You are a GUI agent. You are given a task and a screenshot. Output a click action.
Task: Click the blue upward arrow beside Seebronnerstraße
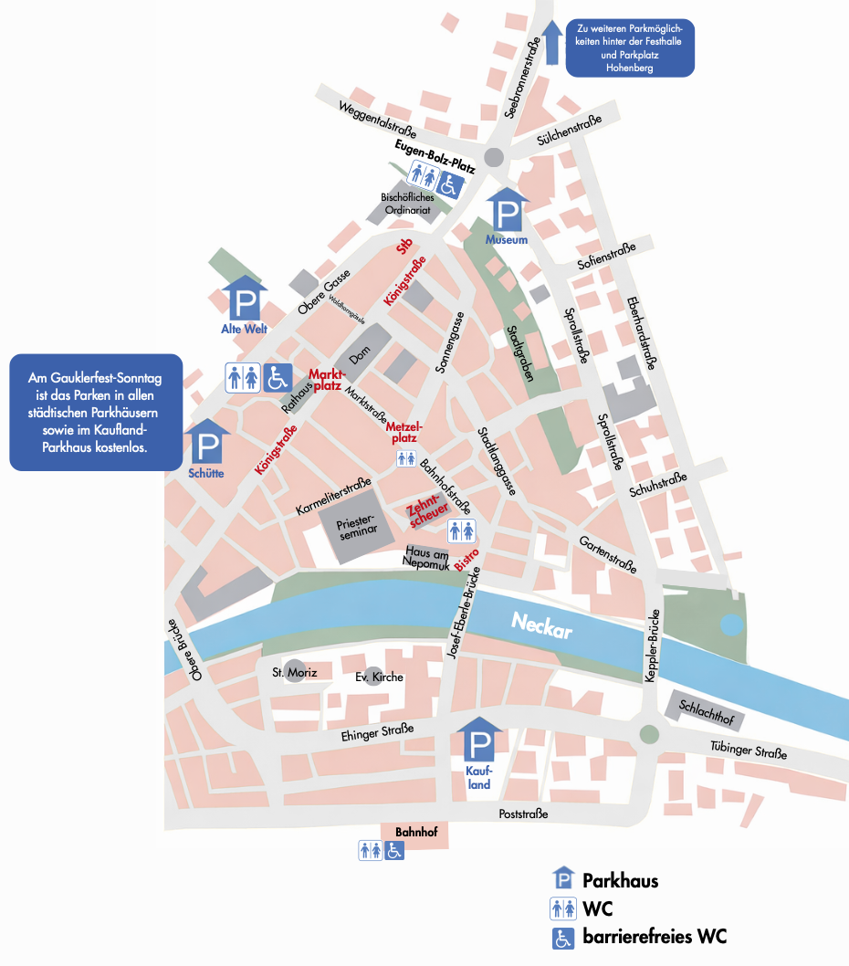(551, 42)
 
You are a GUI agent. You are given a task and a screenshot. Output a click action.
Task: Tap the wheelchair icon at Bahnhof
(394, 850)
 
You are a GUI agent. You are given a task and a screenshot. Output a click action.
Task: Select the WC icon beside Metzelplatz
(406, 459)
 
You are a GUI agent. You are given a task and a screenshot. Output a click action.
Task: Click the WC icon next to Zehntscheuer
(461, 530)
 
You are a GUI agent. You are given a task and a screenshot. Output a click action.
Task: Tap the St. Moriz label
(294, 674)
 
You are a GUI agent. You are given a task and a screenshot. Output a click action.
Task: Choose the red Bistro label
(466, 559)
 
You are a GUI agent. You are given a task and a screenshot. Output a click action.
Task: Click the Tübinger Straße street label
(749, 753)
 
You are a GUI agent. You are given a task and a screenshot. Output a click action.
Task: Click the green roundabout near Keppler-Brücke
(649, 733)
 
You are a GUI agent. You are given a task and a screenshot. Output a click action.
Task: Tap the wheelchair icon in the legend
(563, 937)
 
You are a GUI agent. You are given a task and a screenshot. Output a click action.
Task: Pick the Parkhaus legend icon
(563, 880)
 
